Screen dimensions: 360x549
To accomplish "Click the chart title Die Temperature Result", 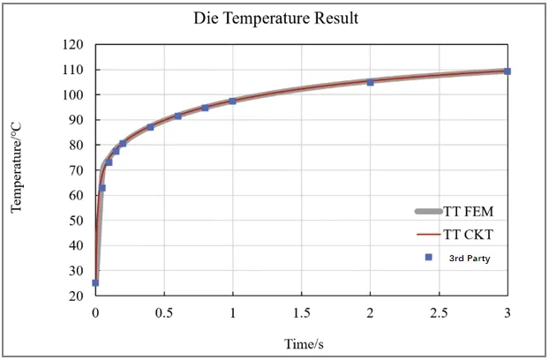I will click(275, 19).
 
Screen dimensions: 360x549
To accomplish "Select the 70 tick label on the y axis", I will click(76, 170).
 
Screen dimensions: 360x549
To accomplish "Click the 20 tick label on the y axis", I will click(76, 296).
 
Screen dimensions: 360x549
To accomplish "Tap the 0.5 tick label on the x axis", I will click(164, 313).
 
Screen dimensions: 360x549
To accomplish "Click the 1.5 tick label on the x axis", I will click(302, 313).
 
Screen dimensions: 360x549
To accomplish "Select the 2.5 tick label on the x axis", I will click(439, 313).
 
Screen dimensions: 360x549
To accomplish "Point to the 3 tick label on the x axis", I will click(508, 313).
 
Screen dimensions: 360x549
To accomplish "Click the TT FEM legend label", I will click(467, 212).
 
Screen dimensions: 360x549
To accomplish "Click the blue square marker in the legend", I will click(428, 258).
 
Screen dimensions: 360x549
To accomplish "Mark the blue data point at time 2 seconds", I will click(370, 82).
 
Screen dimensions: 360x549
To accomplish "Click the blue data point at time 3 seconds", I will click(508, 71).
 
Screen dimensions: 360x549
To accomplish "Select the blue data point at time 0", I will click(95, 283).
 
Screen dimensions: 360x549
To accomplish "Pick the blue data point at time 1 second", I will click(233, 101).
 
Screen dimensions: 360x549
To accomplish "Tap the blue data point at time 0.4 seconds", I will click(150, 127).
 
